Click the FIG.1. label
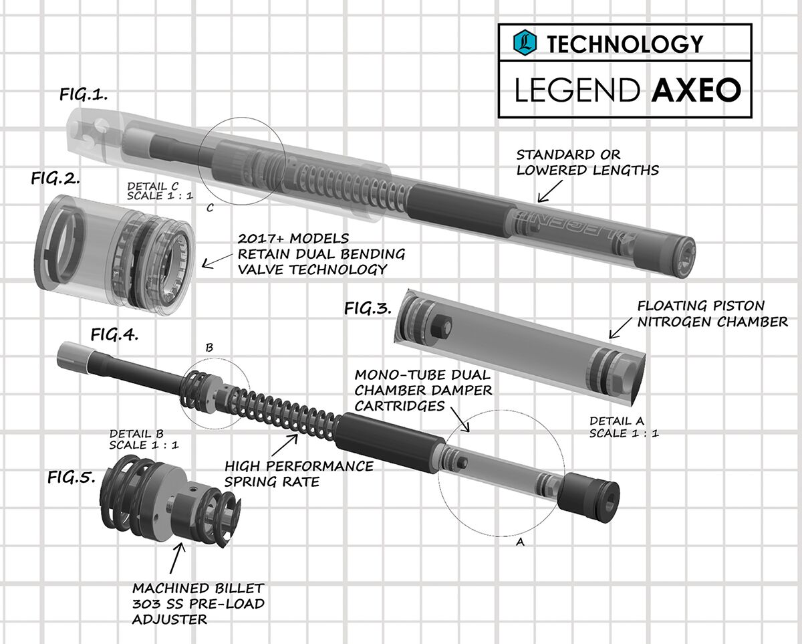84,95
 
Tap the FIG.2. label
55,179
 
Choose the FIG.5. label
72,477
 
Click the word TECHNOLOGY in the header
625,44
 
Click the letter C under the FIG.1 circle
210,208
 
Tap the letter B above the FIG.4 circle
210,348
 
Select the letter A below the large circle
520,544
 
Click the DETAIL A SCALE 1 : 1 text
624,427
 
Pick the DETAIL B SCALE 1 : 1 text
144,439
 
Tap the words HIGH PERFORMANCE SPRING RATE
299,473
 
